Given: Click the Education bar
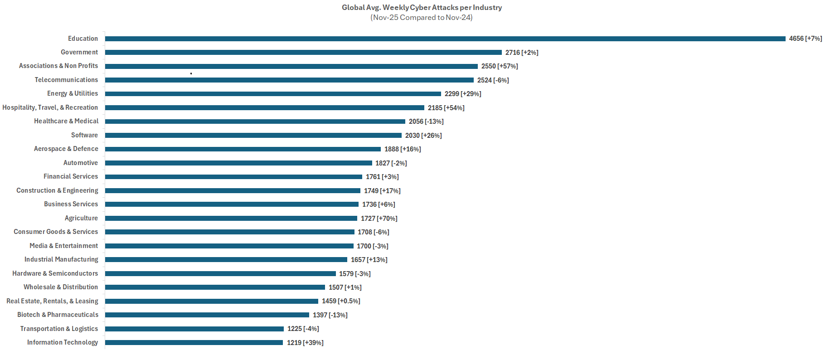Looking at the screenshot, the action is [445, 39].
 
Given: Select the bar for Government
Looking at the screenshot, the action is [303, 52].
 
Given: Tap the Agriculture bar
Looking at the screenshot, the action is [231, 218].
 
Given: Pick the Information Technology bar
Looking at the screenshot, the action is [194, 342].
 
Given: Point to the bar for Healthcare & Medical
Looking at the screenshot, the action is [255, 121].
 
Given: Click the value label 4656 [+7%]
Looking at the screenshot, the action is [805, 39].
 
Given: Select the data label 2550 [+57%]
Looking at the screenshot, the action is [500, 66].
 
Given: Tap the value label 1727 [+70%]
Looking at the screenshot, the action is [379, 219].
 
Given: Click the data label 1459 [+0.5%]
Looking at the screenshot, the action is [341, 301].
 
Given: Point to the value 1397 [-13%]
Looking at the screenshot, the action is [330, 315].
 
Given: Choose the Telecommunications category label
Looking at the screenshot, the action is [66, 80].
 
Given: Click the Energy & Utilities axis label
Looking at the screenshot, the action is [73, 93].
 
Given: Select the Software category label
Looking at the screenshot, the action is [84, 135].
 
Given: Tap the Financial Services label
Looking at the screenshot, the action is [71, 176].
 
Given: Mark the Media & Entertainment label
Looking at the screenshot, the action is [64, 246].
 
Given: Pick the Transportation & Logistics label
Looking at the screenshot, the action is [59, 329].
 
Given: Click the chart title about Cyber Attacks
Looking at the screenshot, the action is [422, 7].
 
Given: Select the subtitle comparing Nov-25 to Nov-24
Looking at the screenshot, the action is [422, 17].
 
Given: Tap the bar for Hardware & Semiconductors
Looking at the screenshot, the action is [220, 273].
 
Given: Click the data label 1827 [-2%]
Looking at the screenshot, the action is [391, 163].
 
